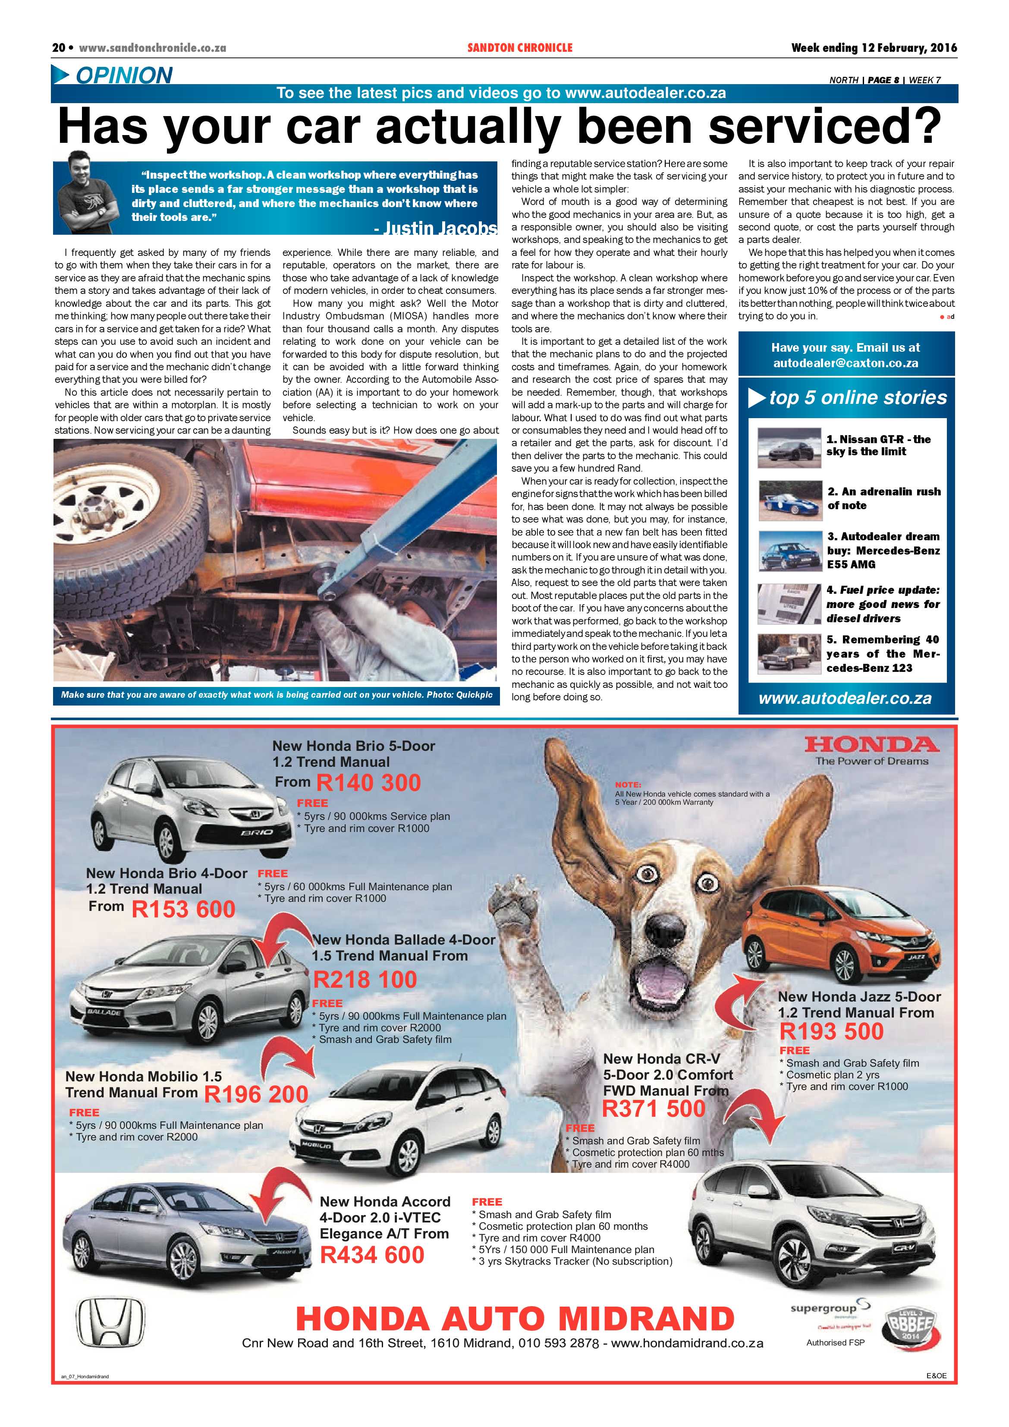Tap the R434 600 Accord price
point(371,1254)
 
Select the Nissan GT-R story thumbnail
point(789,447)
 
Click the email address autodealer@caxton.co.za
point(845,363)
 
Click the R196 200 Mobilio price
point(256,1094)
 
